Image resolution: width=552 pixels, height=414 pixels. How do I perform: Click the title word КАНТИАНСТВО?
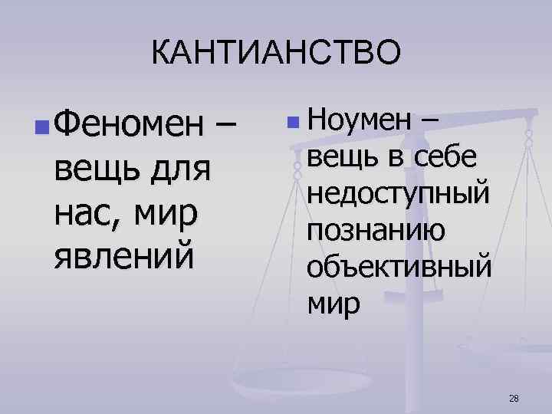pyautogui.click(x=276, y=54)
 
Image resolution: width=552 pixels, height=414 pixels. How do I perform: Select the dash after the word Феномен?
pyautogui.click(x=227, y=124)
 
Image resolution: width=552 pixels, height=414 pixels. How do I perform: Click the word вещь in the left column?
pyautogui.click(x=94, y=167)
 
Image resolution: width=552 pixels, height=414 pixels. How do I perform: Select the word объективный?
pyautogui.click(x=398, y=268)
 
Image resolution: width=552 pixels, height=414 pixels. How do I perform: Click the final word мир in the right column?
pyautogui.click(x=333, y=306)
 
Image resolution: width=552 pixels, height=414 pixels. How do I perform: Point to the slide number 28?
pyautogui.click(x=514, y=397)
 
